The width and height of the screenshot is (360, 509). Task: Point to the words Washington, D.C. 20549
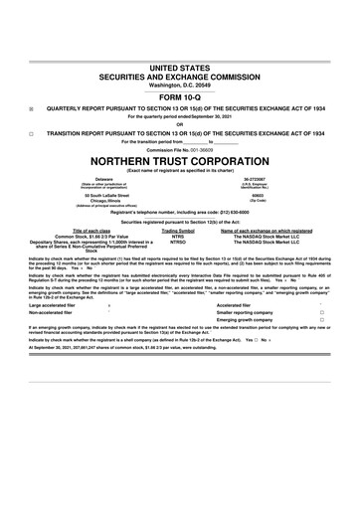[180, 85]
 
